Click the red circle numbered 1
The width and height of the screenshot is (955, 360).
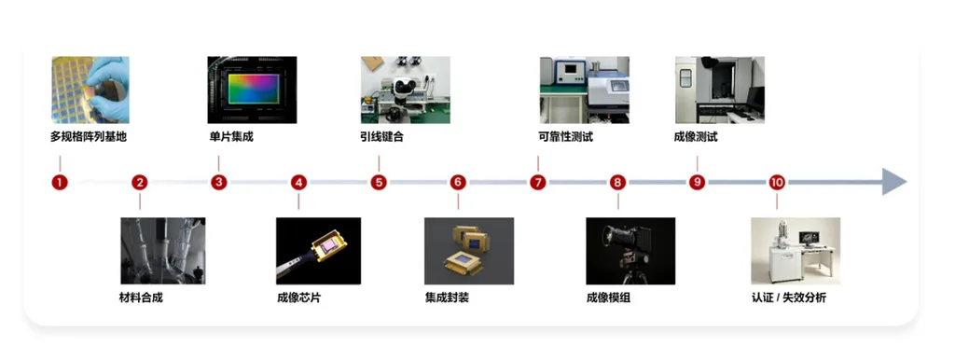click(60, 182)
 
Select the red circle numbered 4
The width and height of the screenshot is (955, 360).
click(298, 182)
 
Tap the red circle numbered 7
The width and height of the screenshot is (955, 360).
click(538, 182)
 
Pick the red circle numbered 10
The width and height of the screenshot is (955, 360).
click(777, 182)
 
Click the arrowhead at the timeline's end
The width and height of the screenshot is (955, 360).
click(894, 182)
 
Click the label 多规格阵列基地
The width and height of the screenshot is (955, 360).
click(89, 137)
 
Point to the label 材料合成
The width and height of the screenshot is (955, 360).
click(141, 298)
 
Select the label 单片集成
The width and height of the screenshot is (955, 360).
click(231, 137)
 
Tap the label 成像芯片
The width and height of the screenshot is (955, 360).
click(298, 298)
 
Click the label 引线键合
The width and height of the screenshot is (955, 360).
click(381, 137)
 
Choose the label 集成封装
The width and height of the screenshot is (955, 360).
click(447, 298)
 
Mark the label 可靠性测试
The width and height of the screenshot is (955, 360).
click(566, 137)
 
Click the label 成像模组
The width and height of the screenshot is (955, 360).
click(608, 298)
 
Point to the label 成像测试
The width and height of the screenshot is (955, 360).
click(696, 137)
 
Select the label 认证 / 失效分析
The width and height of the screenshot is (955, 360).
click(789, 298)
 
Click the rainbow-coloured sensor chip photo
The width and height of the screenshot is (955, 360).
click(252, 90)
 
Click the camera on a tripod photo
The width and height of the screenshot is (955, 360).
click(630, 251)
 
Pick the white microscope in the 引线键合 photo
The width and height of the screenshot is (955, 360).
click(403, 89)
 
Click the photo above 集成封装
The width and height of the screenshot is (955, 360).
click(469, 251)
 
